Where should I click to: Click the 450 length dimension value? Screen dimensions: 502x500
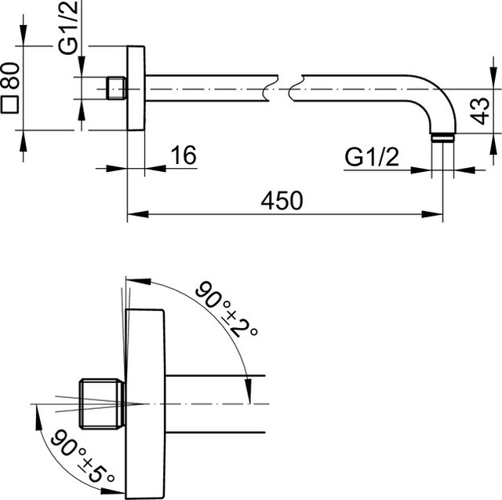point(282,201)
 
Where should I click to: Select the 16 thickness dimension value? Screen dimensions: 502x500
point(184,155)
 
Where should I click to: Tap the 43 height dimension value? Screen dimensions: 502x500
point(481,111)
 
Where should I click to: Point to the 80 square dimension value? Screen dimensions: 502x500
point(10,75)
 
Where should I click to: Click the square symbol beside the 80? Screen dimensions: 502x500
point(9,104)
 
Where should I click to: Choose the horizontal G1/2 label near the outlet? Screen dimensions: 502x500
point(372,157)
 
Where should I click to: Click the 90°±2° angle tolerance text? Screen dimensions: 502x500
point(227,309)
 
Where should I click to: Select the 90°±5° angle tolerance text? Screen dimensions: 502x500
point(82,456)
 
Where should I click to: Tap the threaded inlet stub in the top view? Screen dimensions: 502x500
point(116,88)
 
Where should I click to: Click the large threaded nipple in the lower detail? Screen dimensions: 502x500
point(101,403)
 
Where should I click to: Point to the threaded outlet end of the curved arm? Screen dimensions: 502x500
point(442,137)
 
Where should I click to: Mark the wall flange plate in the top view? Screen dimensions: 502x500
point(136,88)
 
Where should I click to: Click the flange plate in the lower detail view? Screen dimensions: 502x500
point(145,404)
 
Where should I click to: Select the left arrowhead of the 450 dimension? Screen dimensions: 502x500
point(138,214)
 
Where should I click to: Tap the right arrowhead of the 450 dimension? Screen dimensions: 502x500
point(432,214)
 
